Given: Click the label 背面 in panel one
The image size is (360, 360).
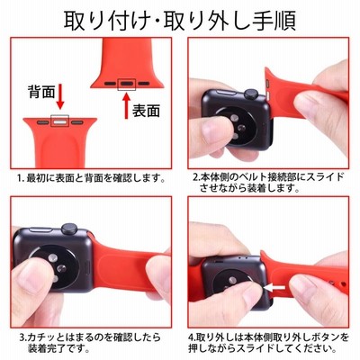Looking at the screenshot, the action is (x=41, y=92).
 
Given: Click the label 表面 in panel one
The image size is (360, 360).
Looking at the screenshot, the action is (x=146, y=111).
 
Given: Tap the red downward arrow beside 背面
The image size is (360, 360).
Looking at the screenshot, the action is (x=60, y=96).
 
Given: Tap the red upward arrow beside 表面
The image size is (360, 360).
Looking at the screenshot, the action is (x=127, y=105).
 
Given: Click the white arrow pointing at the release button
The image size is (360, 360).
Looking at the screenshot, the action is (x=274, y=288).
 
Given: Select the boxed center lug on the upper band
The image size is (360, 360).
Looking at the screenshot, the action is (x=127, y=84).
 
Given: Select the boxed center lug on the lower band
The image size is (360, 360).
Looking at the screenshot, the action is (x=59, y=121).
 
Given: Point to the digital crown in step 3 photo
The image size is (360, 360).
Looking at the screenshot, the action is (x=69, y=229).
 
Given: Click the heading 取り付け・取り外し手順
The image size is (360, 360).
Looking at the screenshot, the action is (x=180, y=21).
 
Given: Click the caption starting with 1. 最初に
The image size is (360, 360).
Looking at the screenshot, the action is (x=91, y=179).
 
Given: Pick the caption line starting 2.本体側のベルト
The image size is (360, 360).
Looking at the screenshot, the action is (x=268, y=177).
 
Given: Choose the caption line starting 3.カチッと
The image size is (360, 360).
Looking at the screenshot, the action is (x=90, y=337).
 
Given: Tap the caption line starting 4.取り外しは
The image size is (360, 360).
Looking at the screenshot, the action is (x=269, y=337).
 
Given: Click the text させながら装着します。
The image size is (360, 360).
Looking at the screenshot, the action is (x=249, y=188).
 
